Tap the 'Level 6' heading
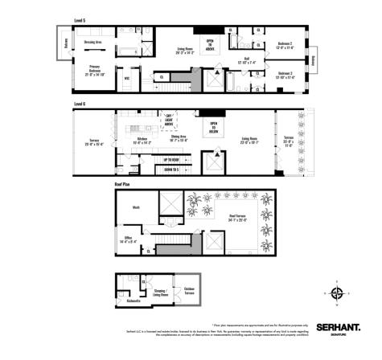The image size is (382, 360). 80,104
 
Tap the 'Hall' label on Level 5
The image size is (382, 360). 248,57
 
